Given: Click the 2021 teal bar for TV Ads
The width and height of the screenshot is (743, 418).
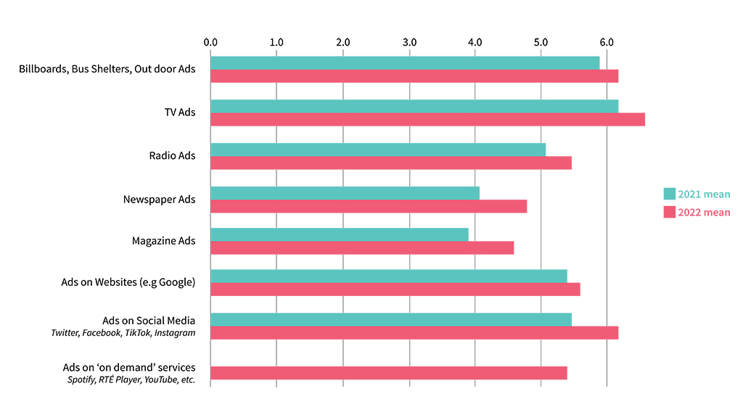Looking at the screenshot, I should tap(414, 106).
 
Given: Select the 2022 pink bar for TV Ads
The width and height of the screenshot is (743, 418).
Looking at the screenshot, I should tap(427, 120).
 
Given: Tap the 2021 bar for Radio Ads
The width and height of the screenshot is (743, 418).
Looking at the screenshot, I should tap(377, 149).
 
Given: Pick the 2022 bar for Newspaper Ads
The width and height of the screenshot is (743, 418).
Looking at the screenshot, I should tap(368, 206).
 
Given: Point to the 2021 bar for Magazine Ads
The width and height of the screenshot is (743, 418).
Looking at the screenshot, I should tap(339, 234).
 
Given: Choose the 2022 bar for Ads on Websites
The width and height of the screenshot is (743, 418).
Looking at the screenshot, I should tap(395, 290).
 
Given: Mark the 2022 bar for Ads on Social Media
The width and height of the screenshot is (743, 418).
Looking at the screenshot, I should tap(414, 332).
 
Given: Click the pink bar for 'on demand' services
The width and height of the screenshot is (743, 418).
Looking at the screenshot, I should tap(388, 373).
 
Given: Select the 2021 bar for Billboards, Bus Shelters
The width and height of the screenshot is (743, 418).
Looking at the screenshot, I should tap(404, 63).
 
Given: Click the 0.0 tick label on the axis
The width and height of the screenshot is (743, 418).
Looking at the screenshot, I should tap(210, 42).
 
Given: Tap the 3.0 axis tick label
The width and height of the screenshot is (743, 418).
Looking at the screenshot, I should tap(409, 42).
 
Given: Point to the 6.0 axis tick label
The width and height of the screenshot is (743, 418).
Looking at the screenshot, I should tap(607, 42).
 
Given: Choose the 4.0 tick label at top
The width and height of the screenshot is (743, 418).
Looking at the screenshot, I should tap(475, 42).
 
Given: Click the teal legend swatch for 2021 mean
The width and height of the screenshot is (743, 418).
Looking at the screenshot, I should tap(669, 194).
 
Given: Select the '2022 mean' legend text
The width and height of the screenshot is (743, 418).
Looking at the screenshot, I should tap(704, 213).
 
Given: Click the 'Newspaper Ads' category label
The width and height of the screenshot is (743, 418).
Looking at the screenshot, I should tap(160, 199).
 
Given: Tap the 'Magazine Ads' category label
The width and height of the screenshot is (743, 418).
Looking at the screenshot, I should tap(163, 241).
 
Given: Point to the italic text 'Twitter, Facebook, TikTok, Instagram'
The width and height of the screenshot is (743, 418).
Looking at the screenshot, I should tap(123, 333).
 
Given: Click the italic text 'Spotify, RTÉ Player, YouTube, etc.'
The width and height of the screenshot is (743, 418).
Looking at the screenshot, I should tap(131, 380).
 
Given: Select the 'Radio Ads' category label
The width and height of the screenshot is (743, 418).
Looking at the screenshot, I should tap(172, 156).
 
